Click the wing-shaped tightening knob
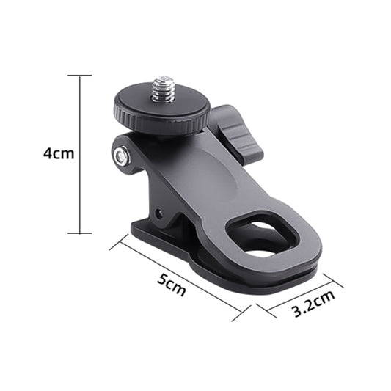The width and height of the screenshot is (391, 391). (239, 135)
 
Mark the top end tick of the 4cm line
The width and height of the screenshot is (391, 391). (80, 76)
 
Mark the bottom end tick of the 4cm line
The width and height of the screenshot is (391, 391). (80, 233)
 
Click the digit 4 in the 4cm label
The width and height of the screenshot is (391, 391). (48, 154)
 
